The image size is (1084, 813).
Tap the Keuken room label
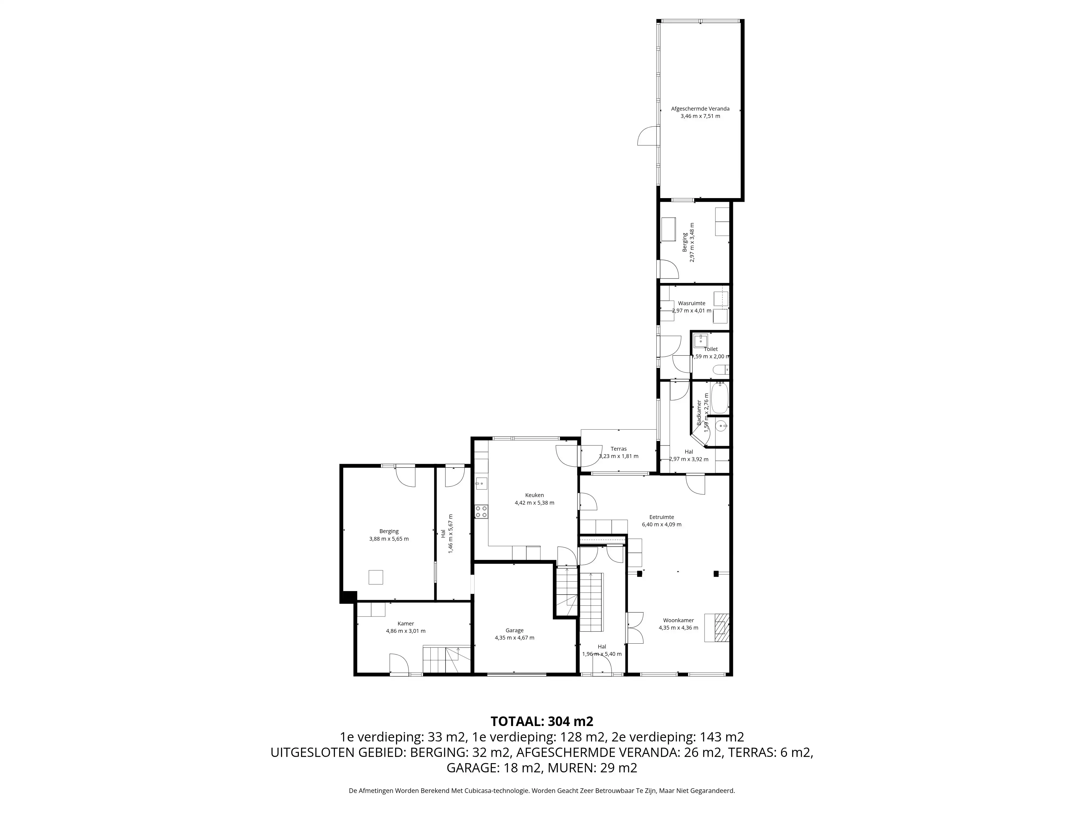[x=534, y=495]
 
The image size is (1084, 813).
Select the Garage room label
[x=515, y=630]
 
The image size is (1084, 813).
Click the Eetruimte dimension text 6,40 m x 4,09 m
[x=662, y=524]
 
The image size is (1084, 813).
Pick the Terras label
[x=618, y=449]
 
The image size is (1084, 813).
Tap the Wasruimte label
[x=692, y=303]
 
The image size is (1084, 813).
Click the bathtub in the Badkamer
[x=720, y=398]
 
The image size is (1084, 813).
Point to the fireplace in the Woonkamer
[x=717, y=628]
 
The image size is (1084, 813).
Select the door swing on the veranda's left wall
[x=647, y=135]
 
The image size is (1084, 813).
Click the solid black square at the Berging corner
[x=348, y=597]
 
